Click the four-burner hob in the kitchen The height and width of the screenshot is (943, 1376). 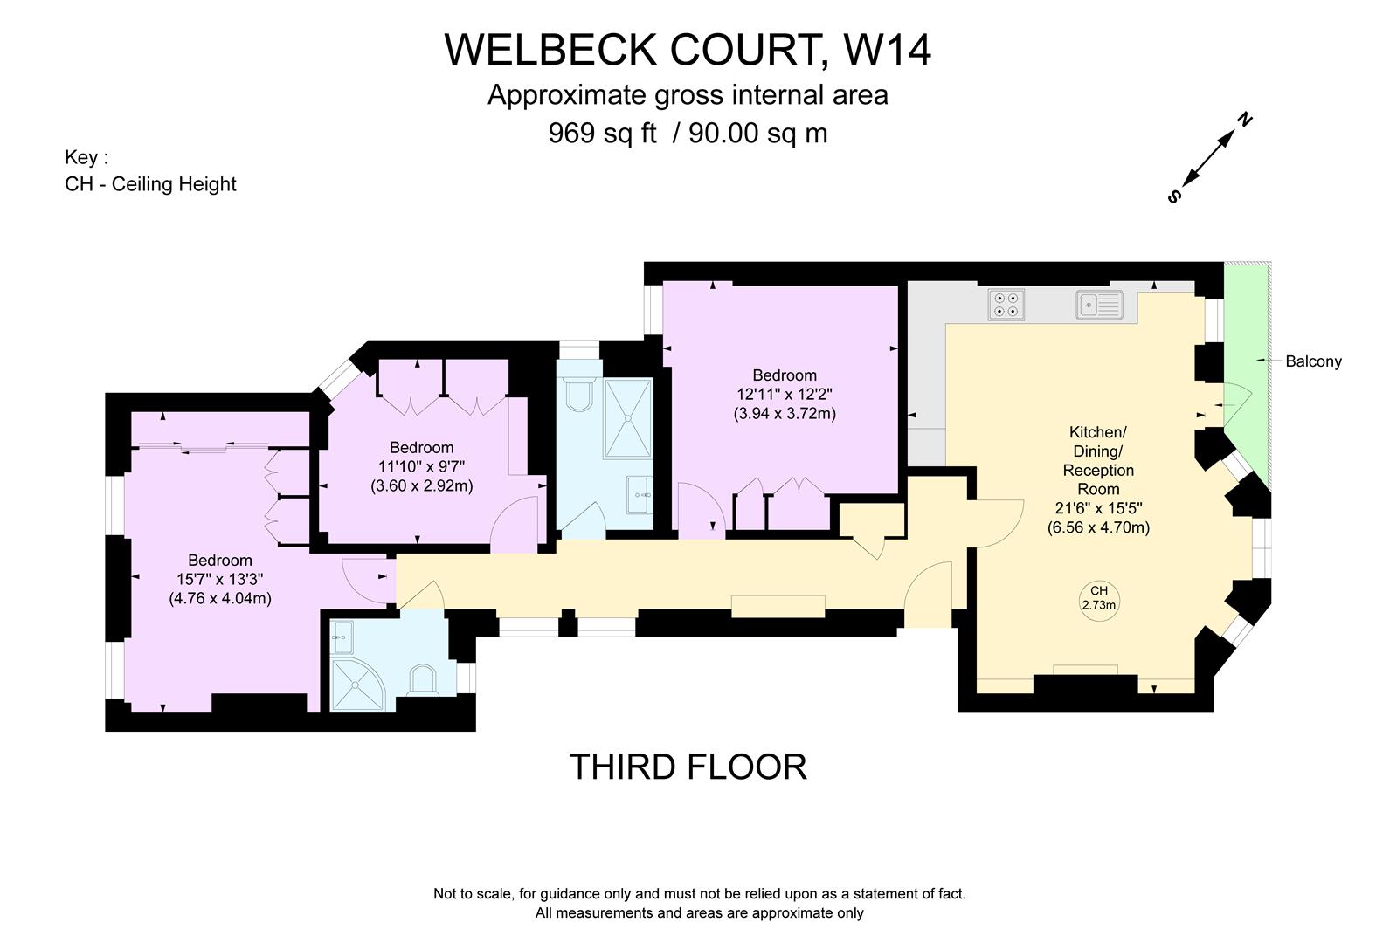click(1006, 305)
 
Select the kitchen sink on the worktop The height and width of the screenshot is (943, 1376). click(1099, 305)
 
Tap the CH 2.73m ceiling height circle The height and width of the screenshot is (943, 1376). click(1099, 599)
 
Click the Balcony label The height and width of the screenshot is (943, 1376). click(1313, 361)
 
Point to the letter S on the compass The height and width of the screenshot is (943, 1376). click(1174, 197)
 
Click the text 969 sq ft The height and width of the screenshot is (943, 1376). click(602, 134)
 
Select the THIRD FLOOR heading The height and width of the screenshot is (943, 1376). click(688, 767)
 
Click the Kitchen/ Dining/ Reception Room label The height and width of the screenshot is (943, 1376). click(1098, 460)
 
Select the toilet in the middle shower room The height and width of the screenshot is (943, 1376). click(578, 394)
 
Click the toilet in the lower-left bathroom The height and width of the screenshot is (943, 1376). click(423, 681)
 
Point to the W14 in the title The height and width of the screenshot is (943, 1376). click(887, 50)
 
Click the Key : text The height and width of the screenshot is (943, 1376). click(86, 158)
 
